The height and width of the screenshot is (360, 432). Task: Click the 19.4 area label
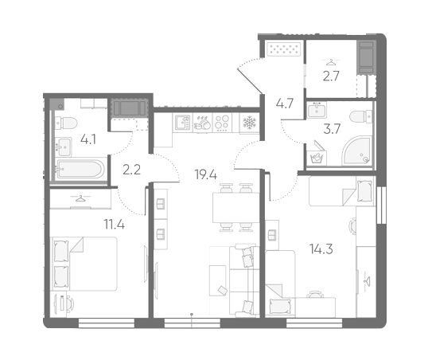(206, 174)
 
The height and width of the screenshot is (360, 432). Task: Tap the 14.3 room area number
(321, 249)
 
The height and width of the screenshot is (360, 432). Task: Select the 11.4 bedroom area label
(114, 225)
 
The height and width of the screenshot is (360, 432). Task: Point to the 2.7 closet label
(331, 76)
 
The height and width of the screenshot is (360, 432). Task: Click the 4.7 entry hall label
(285, 104)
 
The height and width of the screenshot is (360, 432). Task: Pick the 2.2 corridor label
(132, 170)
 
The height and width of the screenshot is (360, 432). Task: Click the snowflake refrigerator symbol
(249, 122)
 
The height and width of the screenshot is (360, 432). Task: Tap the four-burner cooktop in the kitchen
(222, 122)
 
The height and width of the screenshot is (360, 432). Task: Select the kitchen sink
(182, 122)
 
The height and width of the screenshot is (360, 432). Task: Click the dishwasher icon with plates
(202, 122)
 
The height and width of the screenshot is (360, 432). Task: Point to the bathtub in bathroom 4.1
(80, 169)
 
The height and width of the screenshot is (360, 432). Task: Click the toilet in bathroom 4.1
(66, 123)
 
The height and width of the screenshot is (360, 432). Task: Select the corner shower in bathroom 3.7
(357, 151)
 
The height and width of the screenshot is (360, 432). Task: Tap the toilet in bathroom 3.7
(361, 117)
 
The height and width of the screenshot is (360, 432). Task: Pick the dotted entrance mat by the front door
(284, 49)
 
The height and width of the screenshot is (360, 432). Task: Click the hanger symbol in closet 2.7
(331, 62)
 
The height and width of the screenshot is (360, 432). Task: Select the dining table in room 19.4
(235, 208)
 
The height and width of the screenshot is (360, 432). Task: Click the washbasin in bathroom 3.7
(317, 110)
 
